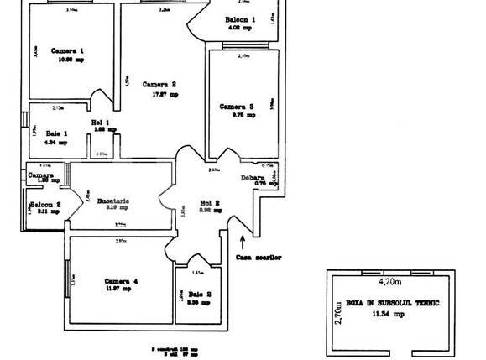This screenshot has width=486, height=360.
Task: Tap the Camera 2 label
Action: tap(159, 84)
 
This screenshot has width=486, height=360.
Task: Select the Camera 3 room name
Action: tap(237, 107)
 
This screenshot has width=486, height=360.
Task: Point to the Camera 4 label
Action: tap(122, 280)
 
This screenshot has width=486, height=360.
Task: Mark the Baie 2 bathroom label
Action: tap(200, 293)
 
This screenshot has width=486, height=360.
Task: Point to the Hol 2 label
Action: tap(210, 202)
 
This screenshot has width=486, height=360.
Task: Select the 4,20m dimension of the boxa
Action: tap(391, 283)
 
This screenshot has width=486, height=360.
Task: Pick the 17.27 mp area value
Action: tap(165, 94)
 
